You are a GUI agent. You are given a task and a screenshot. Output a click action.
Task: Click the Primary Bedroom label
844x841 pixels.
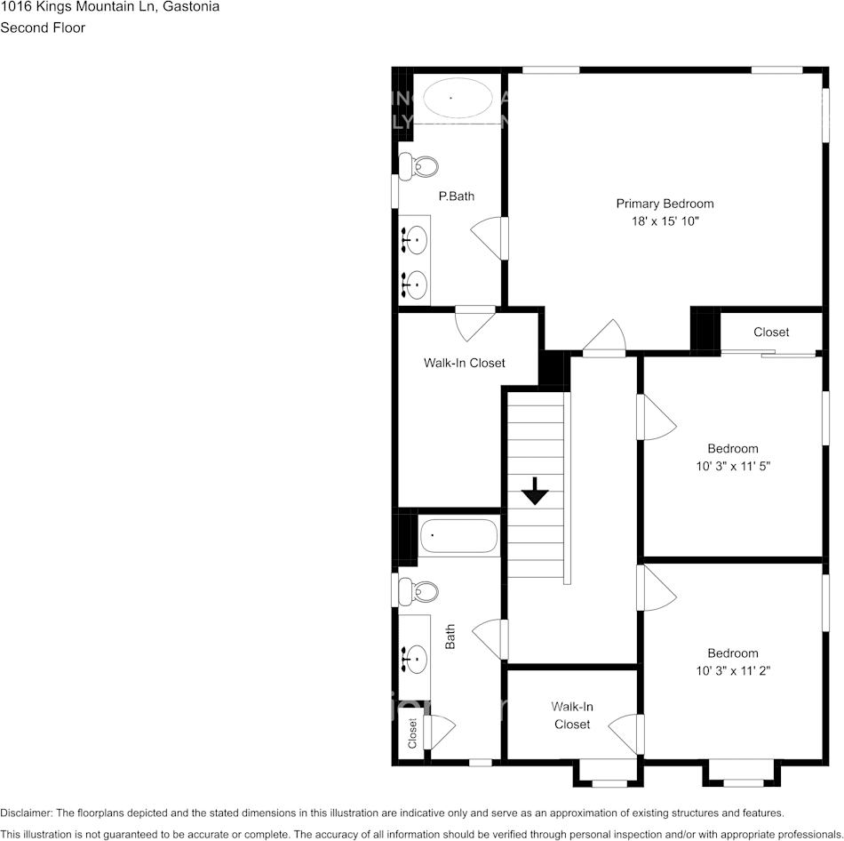point(665,204)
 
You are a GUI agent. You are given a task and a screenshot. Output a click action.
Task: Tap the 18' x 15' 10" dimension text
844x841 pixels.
point(665,221)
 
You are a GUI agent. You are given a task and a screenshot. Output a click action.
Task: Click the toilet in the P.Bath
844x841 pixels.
point(418,165)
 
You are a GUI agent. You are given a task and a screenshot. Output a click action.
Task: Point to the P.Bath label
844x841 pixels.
point(456,196)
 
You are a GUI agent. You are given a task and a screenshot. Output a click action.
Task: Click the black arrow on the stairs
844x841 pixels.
point(535,490)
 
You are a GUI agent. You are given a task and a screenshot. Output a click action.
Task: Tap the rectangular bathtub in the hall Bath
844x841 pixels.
point(458,536)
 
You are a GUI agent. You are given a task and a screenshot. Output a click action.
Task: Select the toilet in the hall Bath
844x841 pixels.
point(418,590)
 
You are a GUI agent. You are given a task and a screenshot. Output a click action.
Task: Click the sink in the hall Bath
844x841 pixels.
point(415,659)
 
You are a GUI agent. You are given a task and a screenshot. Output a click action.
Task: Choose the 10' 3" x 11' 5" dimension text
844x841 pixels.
point(733,466)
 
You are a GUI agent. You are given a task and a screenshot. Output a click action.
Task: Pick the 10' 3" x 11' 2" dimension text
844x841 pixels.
point(733,671)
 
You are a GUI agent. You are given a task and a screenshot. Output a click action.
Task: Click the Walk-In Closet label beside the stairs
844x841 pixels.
point(464,363)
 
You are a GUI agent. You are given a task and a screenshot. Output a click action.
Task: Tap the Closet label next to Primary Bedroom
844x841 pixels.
point(770,332)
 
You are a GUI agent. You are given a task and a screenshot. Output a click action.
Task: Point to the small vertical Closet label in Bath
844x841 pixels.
point(412,733)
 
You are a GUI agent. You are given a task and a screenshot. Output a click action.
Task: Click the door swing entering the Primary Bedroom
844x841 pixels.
point(607,339)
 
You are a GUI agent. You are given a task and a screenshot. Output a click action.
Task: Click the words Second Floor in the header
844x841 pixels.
point(43,28)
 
